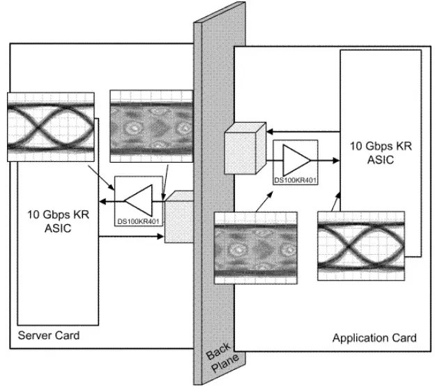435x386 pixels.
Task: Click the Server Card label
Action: [x=49, y=336]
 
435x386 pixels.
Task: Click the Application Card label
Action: [x=374, y=338]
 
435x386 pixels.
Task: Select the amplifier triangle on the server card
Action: [x=139, y=200]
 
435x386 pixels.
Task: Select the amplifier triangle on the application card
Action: [x=296, y=161]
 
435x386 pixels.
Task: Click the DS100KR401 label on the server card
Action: [x=138, y=221]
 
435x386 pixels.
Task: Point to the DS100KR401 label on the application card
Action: [x=295, y=180]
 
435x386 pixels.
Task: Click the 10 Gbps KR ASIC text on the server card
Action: [x=58, y=221]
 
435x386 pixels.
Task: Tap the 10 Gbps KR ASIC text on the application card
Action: [x=381, y=153]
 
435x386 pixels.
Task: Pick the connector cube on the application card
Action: [x=245, y=149]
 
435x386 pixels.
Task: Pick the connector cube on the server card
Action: [x=179, y=217]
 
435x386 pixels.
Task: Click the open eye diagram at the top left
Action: [x=51, y=127]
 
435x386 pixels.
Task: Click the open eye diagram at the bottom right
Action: [x=361, y=246]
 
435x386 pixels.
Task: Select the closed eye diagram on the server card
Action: [x=151, y=126]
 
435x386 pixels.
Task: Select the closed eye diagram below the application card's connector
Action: [x=256, y=248]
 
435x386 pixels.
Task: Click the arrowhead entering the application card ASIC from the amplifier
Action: [x=336, y=161]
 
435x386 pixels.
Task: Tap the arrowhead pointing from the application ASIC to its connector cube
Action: [x=270, y=131]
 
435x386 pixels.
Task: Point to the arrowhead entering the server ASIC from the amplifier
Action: [x=102, y=201]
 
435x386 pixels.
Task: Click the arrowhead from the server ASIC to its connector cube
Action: [x=160, y=237]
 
